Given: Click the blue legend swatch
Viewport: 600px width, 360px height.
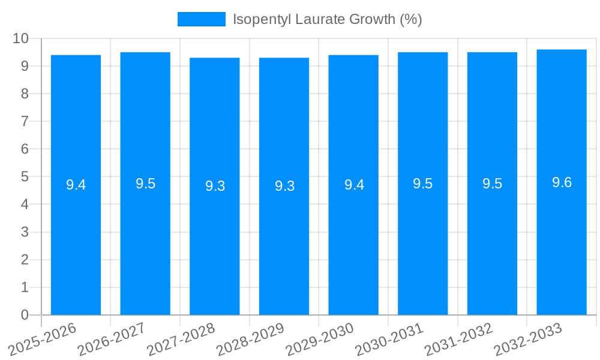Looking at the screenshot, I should tap(201, 19).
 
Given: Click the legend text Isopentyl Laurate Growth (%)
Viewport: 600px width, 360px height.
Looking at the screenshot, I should tap(327, 19).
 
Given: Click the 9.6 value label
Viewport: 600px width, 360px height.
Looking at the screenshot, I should tap(562, 182).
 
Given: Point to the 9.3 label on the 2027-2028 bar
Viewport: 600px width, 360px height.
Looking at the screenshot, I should tap(215, 186).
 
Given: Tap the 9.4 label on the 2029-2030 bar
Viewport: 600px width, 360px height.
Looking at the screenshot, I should tap(354, 185).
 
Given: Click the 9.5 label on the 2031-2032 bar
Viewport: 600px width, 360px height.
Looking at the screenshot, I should tap(492, 184).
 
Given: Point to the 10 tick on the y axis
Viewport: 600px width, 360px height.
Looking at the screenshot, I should tap(20, 38).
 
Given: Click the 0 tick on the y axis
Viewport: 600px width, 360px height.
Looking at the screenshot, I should tap(25, 315).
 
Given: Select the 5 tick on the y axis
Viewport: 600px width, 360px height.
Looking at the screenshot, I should tap(25, 177).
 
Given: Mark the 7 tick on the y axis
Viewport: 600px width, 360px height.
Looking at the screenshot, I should tap(25, 121).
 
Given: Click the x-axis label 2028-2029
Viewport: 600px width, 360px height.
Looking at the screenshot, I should tap(250, 340).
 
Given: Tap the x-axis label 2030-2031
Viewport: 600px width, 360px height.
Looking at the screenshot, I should tap(389, 340).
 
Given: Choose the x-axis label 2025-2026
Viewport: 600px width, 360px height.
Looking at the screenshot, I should tap(43, 340).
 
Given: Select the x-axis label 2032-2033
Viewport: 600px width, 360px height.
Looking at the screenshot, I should tap(528, 340).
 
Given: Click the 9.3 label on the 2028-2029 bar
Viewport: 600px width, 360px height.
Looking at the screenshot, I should tap(284, 186).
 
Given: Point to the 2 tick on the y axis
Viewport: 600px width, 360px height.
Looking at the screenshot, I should tap(25, 260).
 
